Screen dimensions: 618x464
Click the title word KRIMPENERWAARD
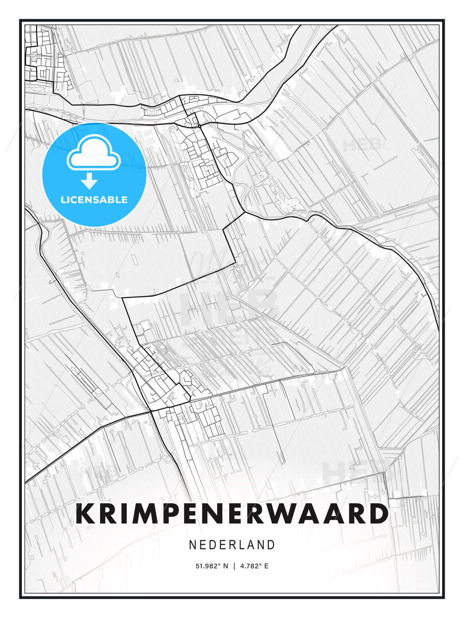(x=232, y=514)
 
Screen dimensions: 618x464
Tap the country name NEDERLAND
(x=232, y=545)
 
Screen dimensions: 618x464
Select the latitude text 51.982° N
(x=212, y=566)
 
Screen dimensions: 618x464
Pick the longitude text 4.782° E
(x=254, y=566)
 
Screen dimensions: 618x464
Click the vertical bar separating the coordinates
(x=234, y=566)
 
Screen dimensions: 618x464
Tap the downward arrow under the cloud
(x=89, y=181)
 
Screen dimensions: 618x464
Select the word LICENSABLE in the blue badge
(x=94, y=200)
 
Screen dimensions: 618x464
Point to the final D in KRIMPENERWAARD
(x=379, y=514)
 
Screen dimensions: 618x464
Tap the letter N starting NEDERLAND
(x=193, y=545)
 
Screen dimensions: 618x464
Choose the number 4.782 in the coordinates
(x=249, y=566)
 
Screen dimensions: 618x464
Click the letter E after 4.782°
(x=266, y=566)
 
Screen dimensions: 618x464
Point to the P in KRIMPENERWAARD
(x=174, y=514)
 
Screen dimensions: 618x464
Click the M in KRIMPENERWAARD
(x=147, y=514)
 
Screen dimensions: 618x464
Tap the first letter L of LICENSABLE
(x=63, y=200)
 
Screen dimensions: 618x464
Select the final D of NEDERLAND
(x=271, y=545)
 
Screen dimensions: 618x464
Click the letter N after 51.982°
(x=226, y=566)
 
